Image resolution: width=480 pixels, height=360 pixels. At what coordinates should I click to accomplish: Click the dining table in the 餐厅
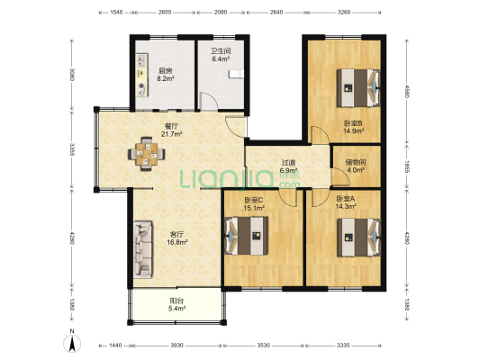pyautogui.click(x=146, y=153)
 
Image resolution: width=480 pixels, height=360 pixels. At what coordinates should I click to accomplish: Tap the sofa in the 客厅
pyautogui.click(x=142, y=249)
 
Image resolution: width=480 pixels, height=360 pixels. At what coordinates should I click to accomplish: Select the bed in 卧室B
pyautogui.click(x=358, y=88)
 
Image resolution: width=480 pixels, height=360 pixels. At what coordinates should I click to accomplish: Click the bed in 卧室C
pyautogui.click(x=247, y=236)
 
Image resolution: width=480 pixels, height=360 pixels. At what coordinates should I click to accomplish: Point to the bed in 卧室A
pyautogui.click(x=359, y=238)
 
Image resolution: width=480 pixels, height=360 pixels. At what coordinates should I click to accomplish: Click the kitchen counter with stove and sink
pyautogui.click(x=142, y=76)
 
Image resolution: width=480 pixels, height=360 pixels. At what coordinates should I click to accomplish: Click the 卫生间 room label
pyautogui.click(x=221, y=51)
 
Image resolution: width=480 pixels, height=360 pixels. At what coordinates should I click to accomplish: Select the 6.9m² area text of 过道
pyautogui.click(x=289, y=170)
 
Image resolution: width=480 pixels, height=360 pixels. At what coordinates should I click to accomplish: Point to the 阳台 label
pyautogui.click(x=177, y=301)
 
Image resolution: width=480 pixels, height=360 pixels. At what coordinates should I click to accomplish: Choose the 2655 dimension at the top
pyautogui.click(x=165, y=13)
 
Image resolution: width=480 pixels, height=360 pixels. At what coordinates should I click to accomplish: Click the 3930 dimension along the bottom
pyautogui.click(x=177, y=346)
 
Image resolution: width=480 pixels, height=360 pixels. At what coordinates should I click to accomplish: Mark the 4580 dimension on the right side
pyautogui.click(x=407, y=91)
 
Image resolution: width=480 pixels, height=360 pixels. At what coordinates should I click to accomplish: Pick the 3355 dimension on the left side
pyautogui.click(x=72, y=149)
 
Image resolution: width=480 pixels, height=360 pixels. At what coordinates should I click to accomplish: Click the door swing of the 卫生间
pyautogui.click(x=209, y=101)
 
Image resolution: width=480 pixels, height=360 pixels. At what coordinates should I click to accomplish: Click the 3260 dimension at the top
pyautogui.click(x=343, y=13)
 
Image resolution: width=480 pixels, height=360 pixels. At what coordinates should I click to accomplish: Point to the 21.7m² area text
pyautogui.click(x=172, y=134)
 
